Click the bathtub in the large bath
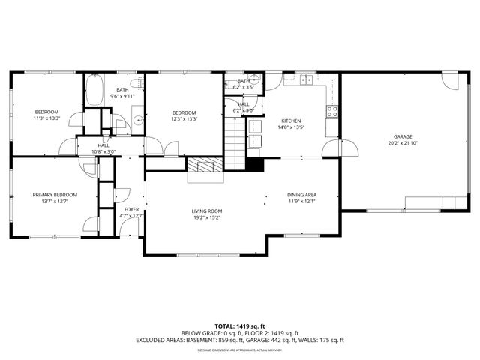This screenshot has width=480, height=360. [93, 91]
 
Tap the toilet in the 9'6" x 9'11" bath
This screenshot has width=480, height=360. [136, 82]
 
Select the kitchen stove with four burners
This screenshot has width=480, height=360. [331, 112]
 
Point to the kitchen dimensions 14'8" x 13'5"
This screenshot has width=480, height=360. [291, 127]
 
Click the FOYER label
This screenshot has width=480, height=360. [131, 209]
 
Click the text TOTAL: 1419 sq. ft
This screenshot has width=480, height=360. [239, 326]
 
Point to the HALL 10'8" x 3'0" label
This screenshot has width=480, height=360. [103, 148]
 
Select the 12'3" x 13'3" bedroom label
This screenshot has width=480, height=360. [184, 115]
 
